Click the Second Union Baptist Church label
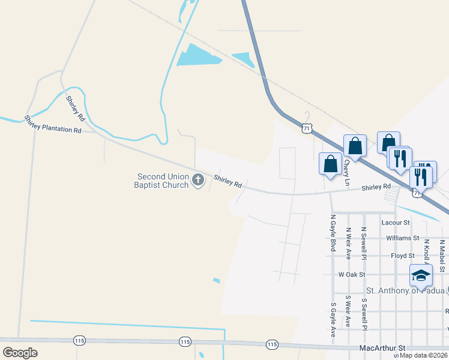(x=163, y=181)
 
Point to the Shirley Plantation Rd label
(x=53, y=124)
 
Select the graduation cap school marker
(x=421, y=275)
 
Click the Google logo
(x=20, y=352)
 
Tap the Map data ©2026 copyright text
(x=419, y=355)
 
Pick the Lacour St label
(x=396, y=223)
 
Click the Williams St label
(x=402, y=238)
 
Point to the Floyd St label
(x=403, y=256)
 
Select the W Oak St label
(x=352, y=274)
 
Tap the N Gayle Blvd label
(x=332, y=233)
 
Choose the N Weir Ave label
(x=348, y=243)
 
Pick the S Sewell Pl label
(x=364, y=313)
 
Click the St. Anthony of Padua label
(x=405, y=291)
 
